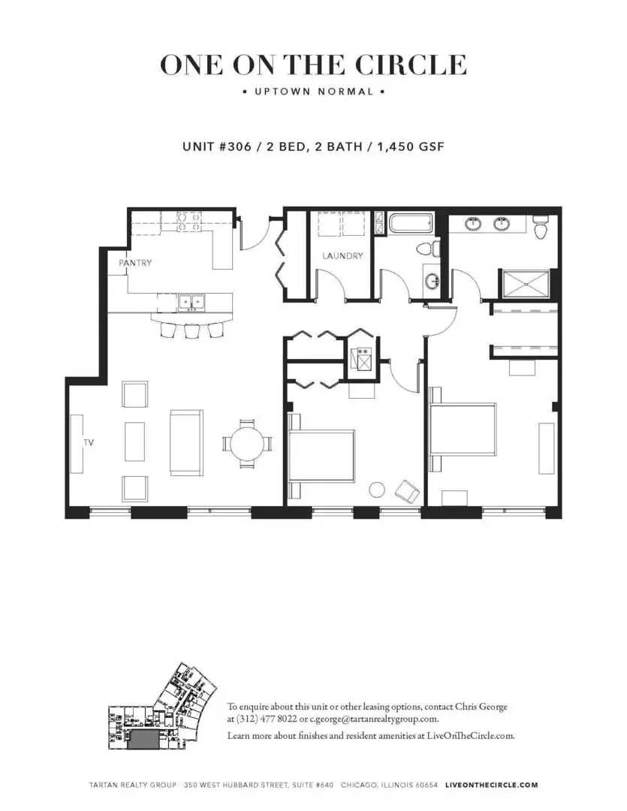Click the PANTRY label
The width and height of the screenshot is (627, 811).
point(135,263)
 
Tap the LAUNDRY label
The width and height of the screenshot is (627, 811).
point(342,256)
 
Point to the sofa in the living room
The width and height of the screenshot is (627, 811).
point(185,442)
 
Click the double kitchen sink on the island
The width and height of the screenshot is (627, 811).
point(191,303)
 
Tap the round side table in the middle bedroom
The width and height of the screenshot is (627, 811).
point(377,490)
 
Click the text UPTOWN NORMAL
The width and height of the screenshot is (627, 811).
point(313,92)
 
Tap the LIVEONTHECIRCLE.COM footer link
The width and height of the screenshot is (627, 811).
point(491,785)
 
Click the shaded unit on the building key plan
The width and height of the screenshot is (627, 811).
point(143,740)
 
